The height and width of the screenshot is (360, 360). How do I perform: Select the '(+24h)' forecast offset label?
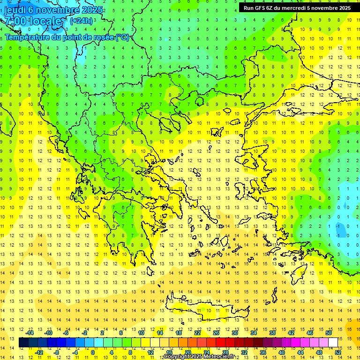coord(81,21)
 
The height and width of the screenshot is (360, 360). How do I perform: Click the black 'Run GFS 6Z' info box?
coord(297,7)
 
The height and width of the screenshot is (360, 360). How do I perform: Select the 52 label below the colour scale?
coord(338,352)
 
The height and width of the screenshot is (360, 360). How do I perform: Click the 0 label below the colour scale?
coord(92,352)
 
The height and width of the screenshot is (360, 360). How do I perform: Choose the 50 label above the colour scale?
coord(329,333)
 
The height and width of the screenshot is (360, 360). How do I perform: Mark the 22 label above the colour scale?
coord(197,333)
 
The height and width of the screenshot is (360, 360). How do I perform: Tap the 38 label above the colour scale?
coord(272,333)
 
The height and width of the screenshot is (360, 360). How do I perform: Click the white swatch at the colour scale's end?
coord(333,343)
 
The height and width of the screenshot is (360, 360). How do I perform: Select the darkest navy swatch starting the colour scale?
coord(24,343)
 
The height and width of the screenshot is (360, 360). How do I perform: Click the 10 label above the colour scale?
coord(141,333)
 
